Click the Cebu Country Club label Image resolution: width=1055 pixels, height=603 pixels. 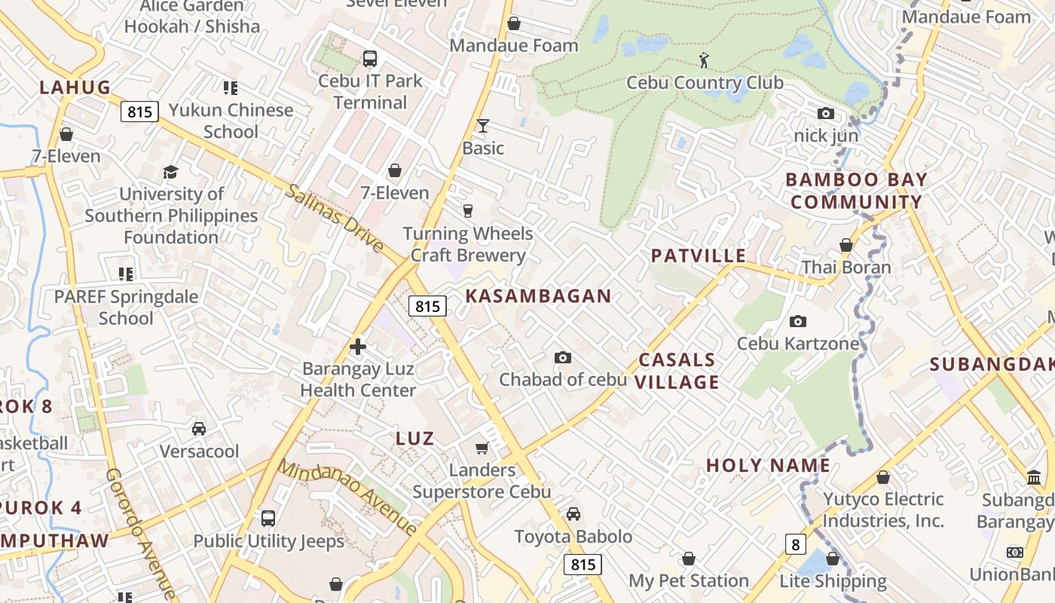click(x=705, y=83)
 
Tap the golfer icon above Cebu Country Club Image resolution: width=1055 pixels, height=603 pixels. click(x=704, y=60)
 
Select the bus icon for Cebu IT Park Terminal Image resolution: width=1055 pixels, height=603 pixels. click(x=370, y=58)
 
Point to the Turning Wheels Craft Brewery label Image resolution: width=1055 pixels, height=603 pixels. click(x=468, y=244)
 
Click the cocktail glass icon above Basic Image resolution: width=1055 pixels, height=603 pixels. click(x=483, y=125)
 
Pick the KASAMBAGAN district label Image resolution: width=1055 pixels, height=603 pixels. click(x=538, y=295)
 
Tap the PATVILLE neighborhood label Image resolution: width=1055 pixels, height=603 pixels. click(x=699, y=256)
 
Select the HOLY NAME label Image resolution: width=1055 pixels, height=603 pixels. click(x=768, y=466)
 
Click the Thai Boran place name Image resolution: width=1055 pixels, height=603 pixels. click(x=846, y=268)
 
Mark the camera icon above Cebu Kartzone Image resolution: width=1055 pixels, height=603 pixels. click(x=798, y=322)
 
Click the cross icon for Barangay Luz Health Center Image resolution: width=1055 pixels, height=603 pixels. click(x=358, y=347)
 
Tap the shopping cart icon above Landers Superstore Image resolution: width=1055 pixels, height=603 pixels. click(x=482, y=448)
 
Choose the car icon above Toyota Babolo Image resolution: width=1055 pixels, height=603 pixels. click(x=573, y=514)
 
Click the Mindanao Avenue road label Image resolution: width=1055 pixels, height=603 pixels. click(x=347, y=496)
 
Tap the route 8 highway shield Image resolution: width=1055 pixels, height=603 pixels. click(x=794, y=544)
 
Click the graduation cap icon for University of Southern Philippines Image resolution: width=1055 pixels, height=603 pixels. click(x=170, y=172)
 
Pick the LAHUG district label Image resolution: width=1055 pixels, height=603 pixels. click(x=75, y=87)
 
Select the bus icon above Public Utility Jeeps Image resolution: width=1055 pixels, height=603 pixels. click(x=268, y=519)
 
